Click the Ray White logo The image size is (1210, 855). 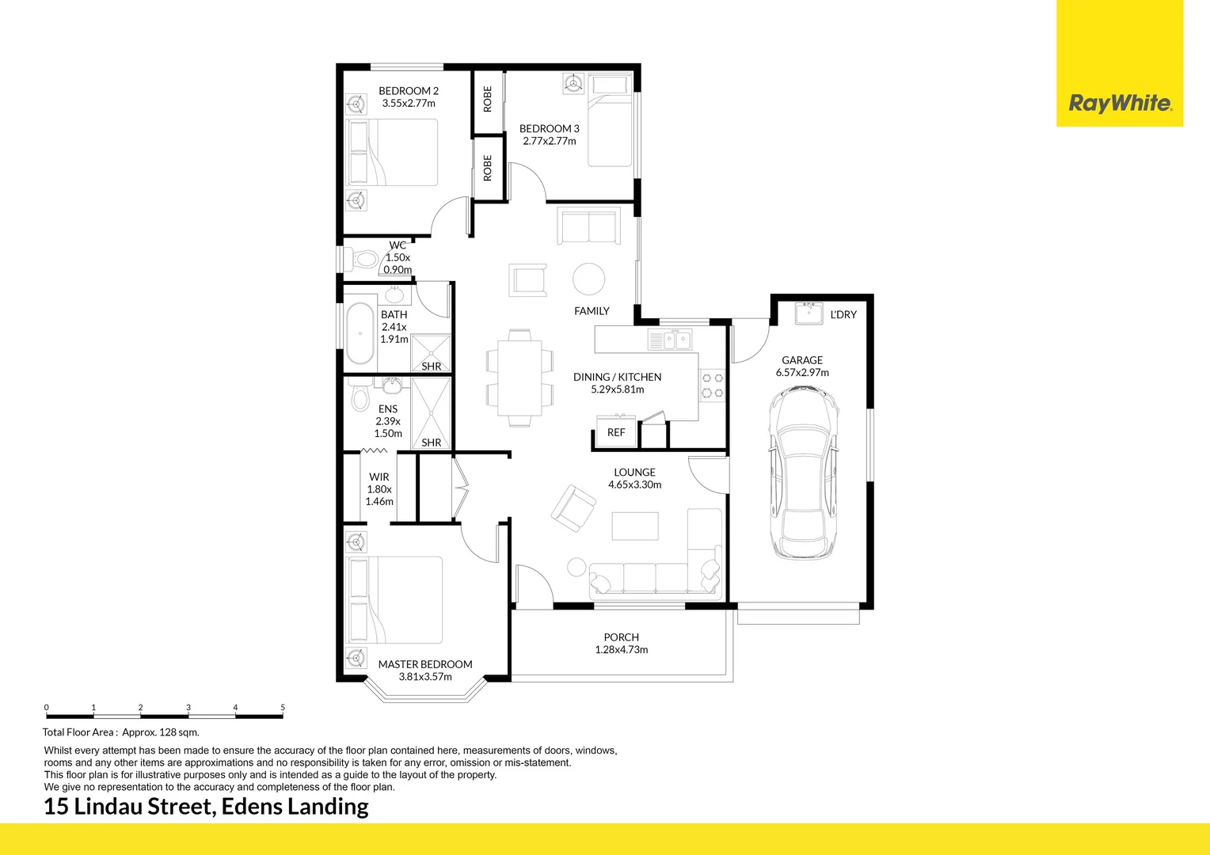click(x=1120, y=103)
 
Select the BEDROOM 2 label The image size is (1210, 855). click(x=408, y=91)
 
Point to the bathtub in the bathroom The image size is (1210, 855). click(x=360, y=333)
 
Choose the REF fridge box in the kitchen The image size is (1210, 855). click(x=616, y=433)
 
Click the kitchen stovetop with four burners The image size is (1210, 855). click(x=713, y=386)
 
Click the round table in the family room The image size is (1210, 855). click(x=588, y=279)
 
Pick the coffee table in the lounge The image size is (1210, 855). click(x=634, y=526)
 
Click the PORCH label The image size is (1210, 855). click(x=621, y=637)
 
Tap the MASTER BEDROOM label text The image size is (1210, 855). click(x=424, y=664)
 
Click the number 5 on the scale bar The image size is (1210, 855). click(x=283, y=708)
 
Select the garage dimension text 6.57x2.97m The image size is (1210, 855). click(x=802, y=373)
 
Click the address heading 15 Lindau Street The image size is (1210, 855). click(x=206, y=807)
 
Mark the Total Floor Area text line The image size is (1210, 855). click(x=121, y=732)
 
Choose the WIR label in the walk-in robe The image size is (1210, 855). click(x=379, y=477)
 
